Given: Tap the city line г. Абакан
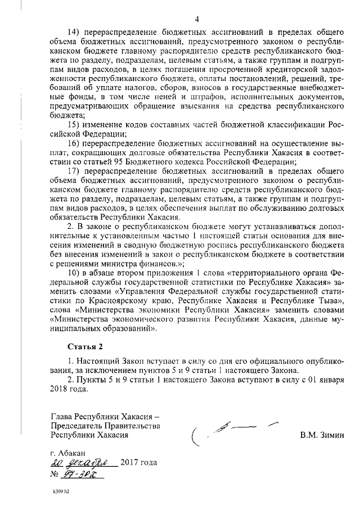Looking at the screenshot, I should point(68,453).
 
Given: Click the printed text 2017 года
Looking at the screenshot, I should point(139,463).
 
